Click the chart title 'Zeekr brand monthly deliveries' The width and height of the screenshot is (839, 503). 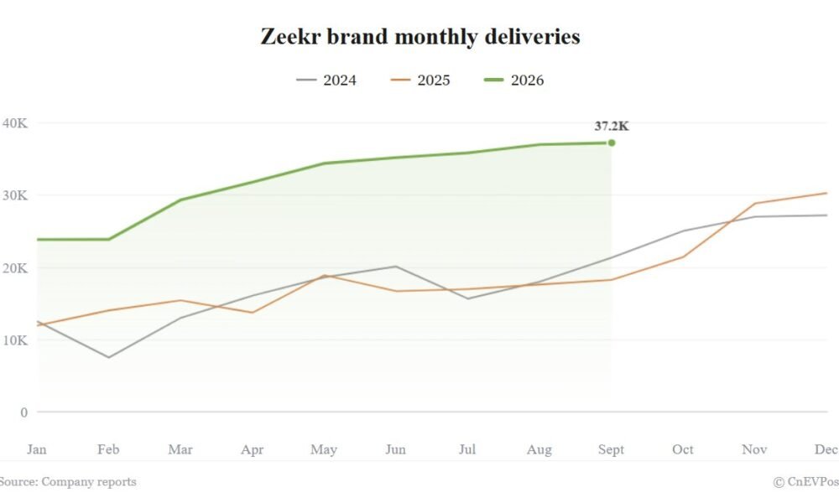coord(420,37)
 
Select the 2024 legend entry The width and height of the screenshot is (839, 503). coord(326,80)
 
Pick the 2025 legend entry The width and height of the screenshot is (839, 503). coord(420,80)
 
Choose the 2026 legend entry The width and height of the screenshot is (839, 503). coord(513,80)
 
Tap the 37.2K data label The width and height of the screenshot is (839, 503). coord(612,126)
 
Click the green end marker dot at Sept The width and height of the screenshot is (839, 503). coord(612,143)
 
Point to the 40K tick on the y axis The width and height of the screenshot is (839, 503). coord(15,123)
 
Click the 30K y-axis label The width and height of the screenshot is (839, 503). coord(15,195)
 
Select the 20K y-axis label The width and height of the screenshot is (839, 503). coord(15,267)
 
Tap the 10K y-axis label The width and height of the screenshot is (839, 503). coord(15,340)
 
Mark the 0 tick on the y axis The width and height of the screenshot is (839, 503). coord(24,412)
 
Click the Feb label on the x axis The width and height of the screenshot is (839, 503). coord(108,449)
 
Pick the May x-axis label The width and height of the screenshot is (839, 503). coord(324,449)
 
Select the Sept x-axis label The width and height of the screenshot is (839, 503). coord(611,449)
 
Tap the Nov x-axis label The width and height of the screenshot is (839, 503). coord(754,449)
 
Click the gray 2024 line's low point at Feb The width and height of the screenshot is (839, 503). coord(108,357)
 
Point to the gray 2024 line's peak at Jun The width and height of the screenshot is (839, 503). coord(395,267)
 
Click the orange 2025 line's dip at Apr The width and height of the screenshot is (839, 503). coord(252,312)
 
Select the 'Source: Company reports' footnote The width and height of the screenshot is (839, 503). coord(68,481)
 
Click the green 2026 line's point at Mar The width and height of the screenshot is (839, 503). coord(180,200)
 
